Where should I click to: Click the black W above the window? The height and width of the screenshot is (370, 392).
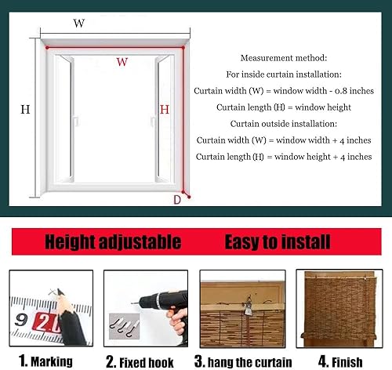tap(79, 24)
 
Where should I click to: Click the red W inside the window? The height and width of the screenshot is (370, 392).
tap(122, 62)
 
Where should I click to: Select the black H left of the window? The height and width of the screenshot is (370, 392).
tap(25, 110)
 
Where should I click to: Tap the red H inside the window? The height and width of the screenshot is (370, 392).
tap(165, 110)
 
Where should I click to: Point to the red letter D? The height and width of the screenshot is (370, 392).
tap(176, 200)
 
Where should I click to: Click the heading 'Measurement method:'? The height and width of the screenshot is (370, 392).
tap(284, 58)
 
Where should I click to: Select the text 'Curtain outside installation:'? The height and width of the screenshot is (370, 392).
tap(284, 124)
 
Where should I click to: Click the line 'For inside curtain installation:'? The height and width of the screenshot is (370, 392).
tap(284, 74)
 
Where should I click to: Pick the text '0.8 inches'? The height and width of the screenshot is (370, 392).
tap(353, 91)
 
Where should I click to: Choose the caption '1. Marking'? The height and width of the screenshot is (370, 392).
tap(47, 361)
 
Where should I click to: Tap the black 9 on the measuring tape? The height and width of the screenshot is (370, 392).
tap(23, 320)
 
